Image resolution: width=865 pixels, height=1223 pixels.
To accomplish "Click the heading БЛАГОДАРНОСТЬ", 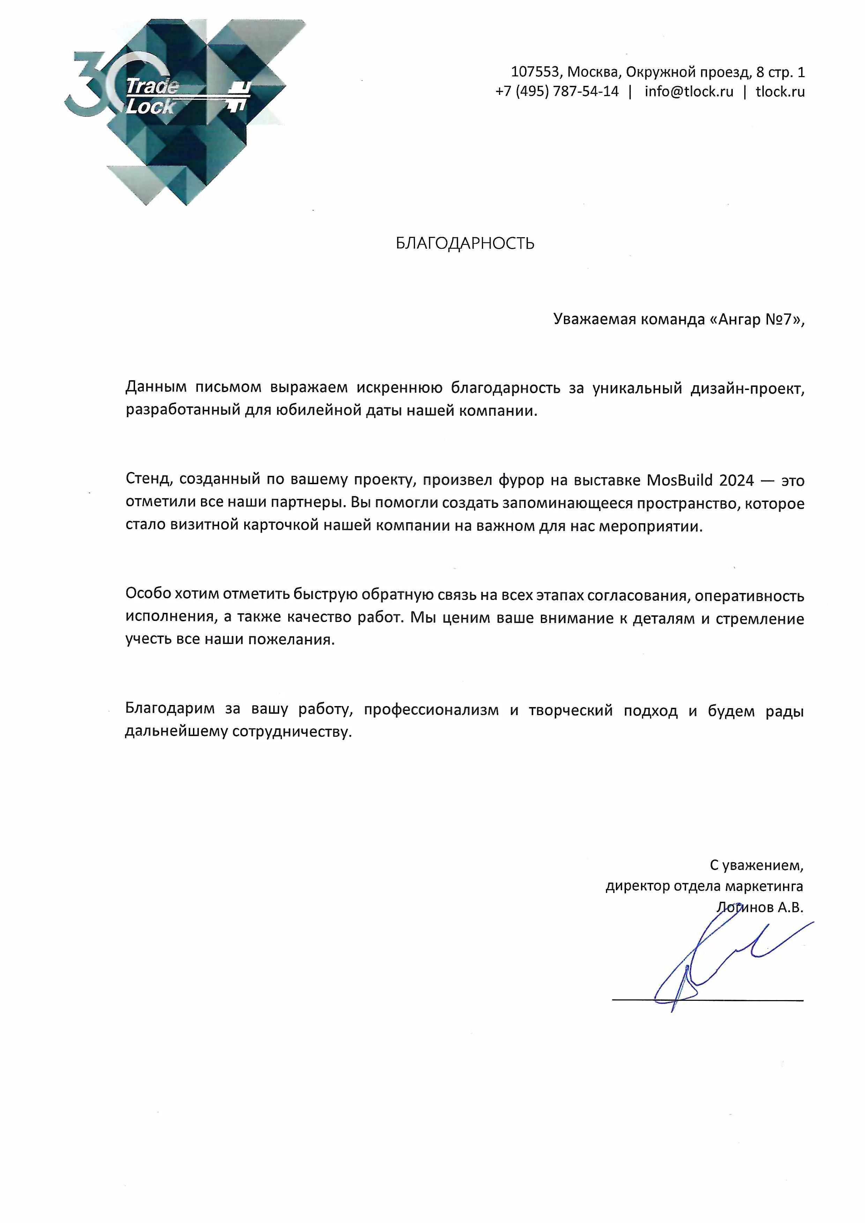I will [x=465, y=243].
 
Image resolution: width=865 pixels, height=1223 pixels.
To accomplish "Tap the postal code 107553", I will [x=535, y=72].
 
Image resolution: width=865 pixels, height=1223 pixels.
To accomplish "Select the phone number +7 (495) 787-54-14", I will [x=557, y=92].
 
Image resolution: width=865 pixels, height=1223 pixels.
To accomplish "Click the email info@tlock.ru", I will [x=688, y=92].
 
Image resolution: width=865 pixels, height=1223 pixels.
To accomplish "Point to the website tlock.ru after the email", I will [x=780, y=92].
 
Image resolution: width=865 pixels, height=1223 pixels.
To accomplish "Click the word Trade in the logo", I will [x=152, y=86].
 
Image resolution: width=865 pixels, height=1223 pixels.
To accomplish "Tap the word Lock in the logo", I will [x=150, y=106].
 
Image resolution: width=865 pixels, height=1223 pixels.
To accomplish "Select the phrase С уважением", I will [x=756, y=865].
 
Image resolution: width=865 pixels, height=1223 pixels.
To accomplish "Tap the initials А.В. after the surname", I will [x=790, y=907].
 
